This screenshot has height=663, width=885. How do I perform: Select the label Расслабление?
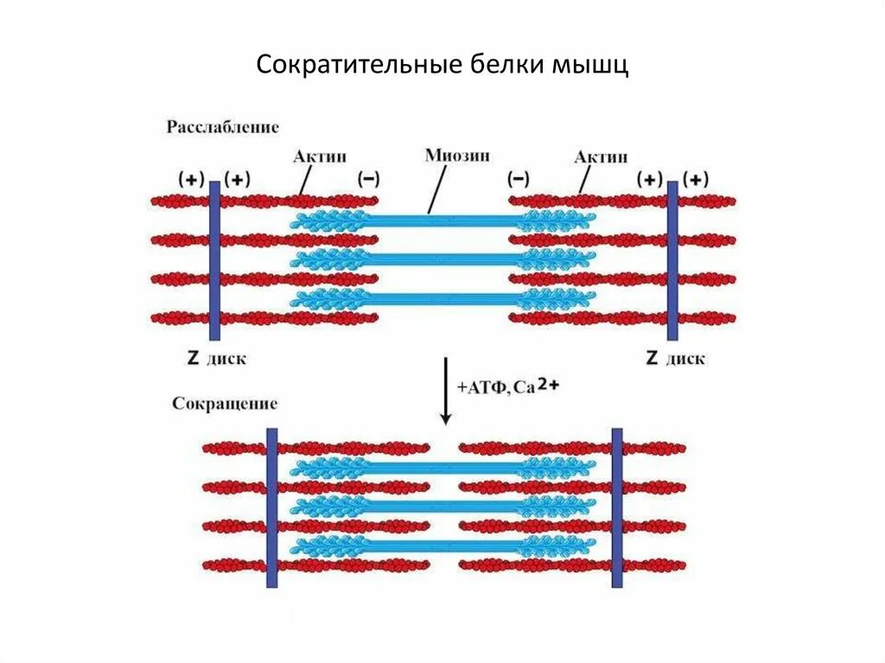(x=223, y=128)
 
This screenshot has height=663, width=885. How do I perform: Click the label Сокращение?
(x=225, y=404)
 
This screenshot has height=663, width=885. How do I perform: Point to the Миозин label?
(x=458, y=156)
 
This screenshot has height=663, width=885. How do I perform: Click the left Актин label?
(x=320, y=156)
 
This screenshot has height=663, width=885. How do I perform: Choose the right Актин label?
(x=601, y=156)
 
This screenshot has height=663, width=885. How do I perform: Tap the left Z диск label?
(x=218, y=358)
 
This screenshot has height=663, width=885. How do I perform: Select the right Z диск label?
(x=676, y=358)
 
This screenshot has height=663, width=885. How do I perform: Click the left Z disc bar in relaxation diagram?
(x=214, y=259)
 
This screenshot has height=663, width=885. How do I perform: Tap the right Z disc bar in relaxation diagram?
(x=672, y=259)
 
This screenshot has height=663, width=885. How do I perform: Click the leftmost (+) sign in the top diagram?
(x=191, y=179)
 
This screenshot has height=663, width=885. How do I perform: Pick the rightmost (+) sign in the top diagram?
(x=696, y=179)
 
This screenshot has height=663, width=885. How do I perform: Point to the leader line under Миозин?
(x=437, y=190)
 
